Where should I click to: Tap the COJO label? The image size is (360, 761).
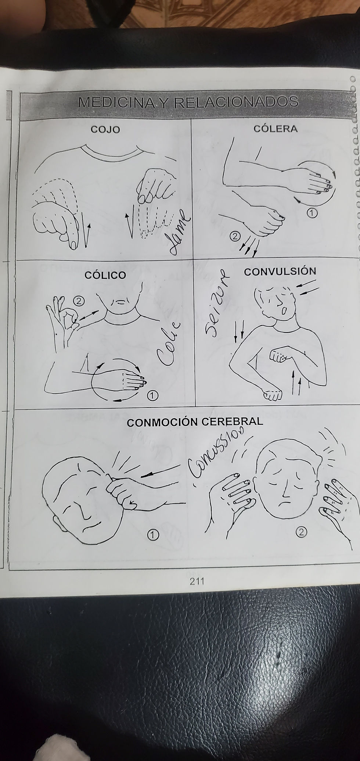coord(105,130)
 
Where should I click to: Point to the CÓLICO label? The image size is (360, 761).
coord(105,274)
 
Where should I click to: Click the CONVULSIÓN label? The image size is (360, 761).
coord(280,272)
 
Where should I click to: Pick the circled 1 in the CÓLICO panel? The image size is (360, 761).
coord(152,395)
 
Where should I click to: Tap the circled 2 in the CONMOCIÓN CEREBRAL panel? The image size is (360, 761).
coord(301,532)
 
